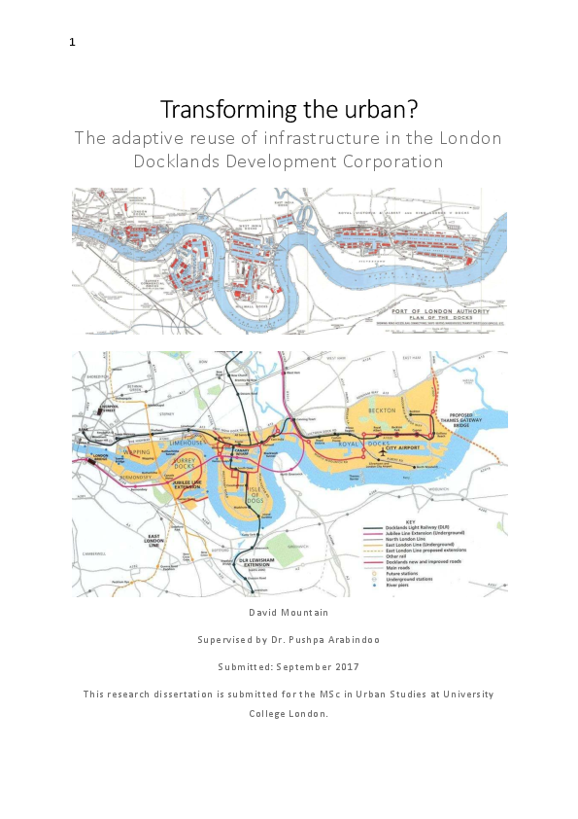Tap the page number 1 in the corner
pos(72,41)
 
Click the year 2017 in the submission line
pos(346,666)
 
